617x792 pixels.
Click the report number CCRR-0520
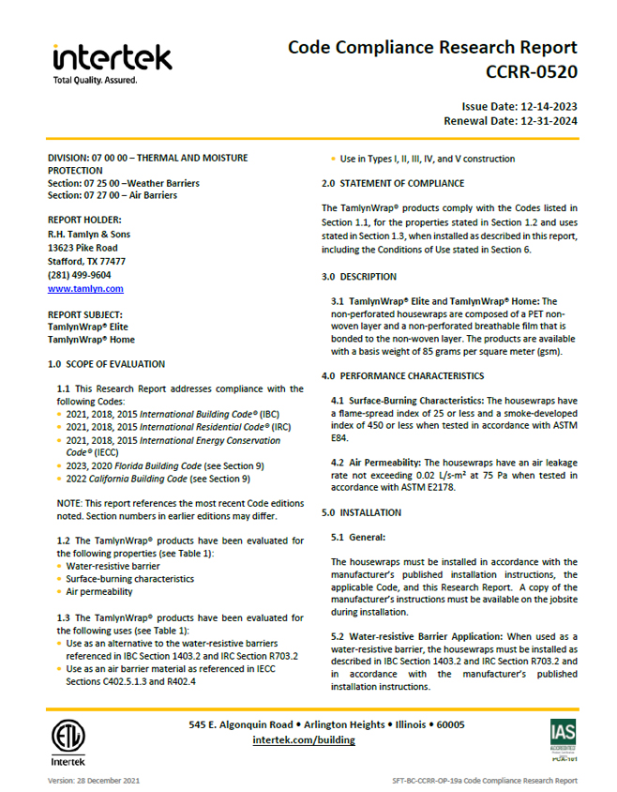click(x=531, y=70)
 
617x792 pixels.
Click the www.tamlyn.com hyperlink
click(x=85, y=289)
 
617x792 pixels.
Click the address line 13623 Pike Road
click(x=83, y=248)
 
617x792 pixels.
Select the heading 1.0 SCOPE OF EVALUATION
click(x=106, y=363)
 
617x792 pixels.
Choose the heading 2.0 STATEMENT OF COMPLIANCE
click(x=392, y=183)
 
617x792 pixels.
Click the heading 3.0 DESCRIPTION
click(x=358, y=277)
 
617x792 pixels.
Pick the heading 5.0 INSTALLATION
click(x=361, y=512)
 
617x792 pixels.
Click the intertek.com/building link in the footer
click(x=304, y=739)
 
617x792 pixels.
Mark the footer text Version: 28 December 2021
click(x=94, y=781)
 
